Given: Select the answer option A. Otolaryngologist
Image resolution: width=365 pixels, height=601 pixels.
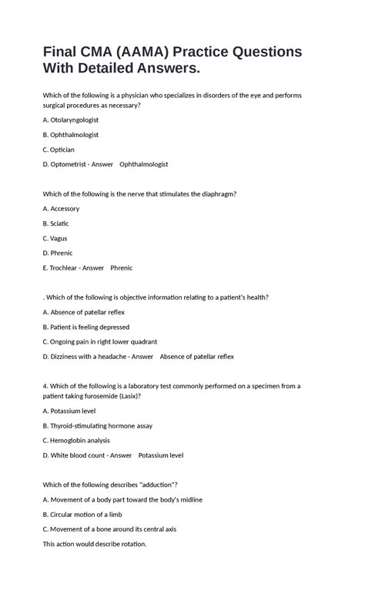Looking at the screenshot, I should [x=71, y=120].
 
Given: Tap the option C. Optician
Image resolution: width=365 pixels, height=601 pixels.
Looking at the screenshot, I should [x=59, y=149].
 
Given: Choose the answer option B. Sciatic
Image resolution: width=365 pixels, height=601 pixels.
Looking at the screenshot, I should [x=56, y=223].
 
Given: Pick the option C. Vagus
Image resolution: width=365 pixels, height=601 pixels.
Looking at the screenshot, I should [x=55, y=238].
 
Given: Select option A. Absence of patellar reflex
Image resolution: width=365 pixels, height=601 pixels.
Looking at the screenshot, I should [x=84, y=312].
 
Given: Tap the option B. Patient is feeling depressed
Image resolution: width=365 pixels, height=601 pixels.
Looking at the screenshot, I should [x=86, y=327].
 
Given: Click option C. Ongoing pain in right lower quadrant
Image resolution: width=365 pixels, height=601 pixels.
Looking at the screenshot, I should [x=100, y=341].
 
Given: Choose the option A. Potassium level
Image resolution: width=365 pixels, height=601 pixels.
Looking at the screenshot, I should [x=69, y=411].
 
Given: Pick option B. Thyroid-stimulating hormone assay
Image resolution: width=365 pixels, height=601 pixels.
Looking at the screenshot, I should [x=98, y=425].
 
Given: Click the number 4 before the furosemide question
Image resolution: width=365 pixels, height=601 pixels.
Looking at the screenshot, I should [x=45, y=386].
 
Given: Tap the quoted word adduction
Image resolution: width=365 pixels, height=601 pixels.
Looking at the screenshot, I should [x=154, y=485].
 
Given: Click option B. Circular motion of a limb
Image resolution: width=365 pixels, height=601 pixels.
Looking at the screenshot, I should [x=82, y=514].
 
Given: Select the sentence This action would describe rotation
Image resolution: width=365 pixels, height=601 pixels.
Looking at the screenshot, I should [x=95, y=544].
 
